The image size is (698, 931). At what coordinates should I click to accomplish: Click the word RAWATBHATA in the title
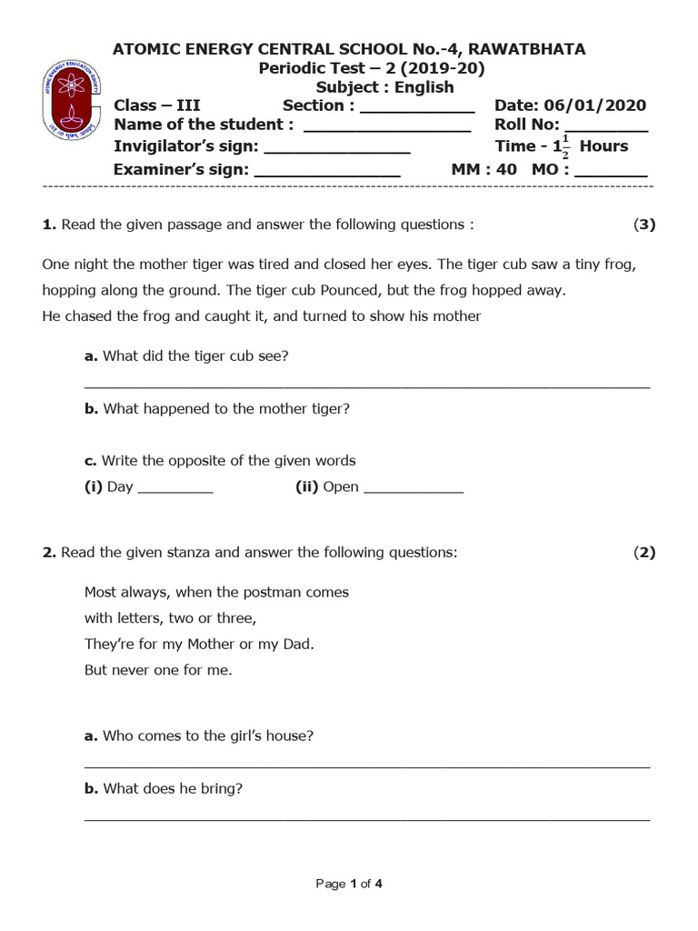(527, 49)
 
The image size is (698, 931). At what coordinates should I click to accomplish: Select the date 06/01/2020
(595, 105)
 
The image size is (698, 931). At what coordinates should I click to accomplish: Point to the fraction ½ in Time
(564, 147)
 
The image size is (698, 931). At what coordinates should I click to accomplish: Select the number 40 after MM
(506, 169)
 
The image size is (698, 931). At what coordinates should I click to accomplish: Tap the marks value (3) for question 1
(644, 225)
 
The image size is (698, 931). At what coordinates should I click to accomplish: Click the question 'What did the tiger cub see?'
(195, 355)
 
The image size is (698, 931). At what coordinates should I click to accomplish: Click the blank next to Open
(414, 490)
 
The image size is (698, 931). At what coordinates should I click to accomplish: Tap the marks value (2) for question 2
(644, 552)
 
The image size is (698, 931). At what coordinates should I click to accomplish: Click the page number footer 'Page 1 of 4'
(349, 883)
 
